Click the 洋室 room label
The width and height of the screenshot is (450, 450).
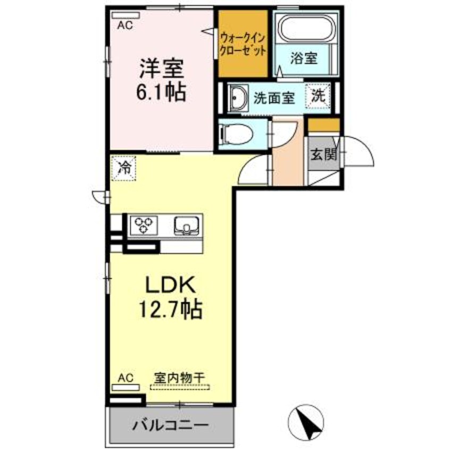tap(161, 69)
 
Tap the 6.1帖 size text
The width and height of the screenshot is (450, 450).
tap(161, 93)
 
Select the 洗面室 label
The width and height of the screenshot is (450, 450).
tap(273, 98)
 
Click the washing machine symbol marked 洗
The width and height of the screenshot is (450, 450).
tap(318, 96)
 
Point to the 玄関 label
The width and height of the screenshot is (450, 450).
tap(323, 156)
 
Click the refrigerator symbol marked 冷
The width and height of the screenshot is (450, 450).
tap(123, 169)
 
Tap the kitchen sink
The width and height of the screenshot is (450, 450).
tap(186, 226)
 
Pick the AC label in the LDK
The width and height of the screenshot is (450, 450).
tap(124, 378)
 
